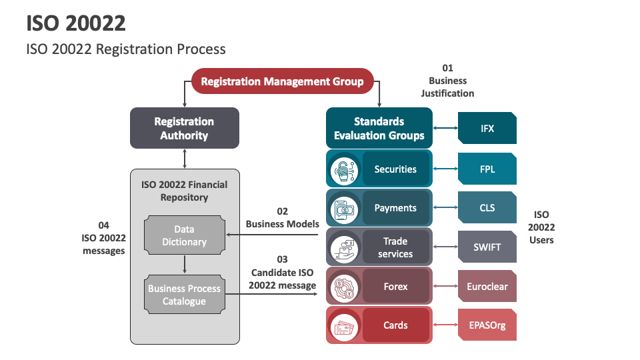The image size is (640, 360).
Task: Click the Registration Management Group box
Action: [282, 82]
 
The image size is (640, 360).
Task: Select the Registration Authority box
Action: [184, 128]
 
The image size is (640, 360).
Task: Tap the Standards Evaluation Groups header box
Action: [379, 128]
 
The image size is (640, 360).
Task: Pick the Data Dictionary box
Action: [185, 235]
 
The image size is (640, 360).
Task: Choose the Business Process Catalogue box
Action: [185, 295]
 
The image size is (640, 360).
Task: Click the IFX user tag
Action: [487, 128]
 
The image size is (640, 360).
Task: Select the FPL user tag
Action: [487, 169]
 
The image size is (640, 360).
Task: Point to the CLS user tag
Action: [487, 207]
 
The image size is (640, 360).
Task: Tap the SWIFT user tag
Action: [487, 247]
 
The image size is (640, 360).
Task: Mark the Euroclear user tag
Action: [487, 287]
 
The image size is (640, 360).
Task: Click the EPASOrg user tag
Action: [487, 325]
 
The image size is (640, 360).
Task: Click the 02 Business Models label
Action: [283, 217]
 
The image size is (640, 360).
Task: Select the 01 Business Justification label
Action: [447, 81]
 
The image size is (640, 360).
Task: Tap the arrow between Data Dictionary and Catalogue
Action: [185, 265]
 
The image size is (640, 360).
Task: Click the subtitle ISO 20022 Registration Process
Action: [126, 49]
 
